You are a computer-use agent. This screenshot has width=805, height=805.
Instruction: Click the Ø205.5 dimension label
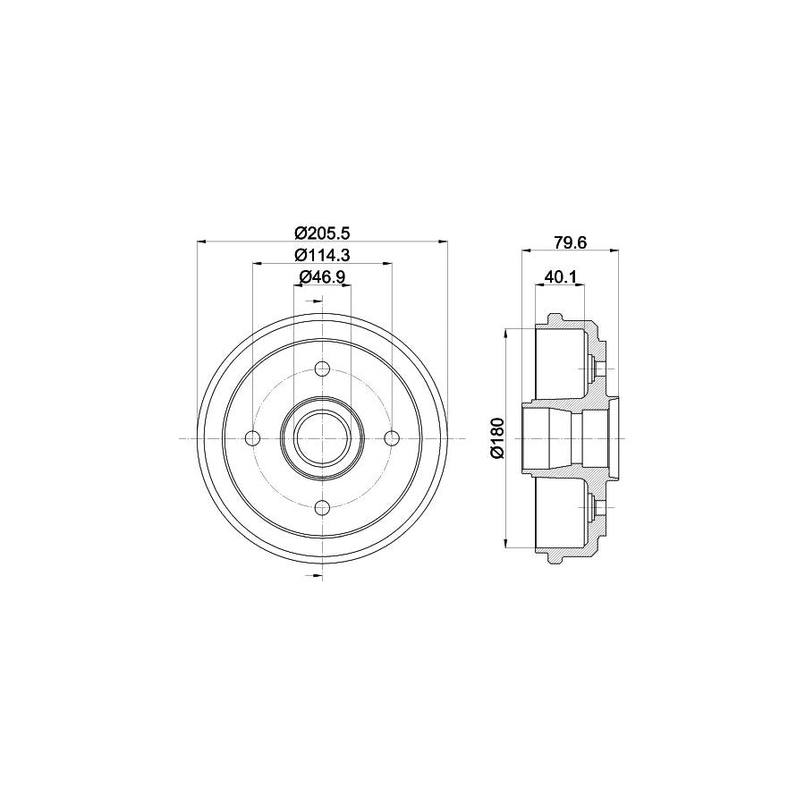tap(322, 232)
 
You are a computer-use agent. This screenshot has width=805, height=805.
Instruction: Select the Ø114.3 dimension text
tap(322, 254)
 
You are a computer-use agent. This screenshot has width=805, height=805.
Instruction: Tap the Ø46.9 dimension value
tap(322, 276)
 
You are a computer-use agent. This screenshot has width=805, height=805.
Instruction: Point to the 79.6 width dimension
tap(569, 240)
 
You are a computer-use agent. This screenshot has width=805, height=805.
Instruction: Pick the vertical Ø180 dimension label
tap(497, 437)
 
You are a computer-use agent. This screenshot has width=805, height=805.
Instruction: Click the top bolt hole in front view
tap(322, 369)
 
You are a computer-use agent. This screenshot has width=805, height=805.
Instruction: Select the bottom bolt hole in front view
tap(322, 507)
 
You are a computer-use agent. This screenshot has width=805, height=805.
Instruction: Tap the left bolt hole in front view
tap(253, 437)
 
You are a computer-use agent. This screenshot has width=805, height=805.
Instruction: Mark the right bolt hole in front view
tap(391, 437)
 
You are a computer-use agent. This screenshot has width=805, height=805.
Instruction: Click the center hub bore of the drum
tap(322, 437)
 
